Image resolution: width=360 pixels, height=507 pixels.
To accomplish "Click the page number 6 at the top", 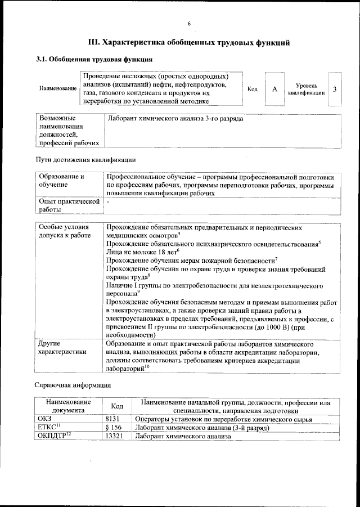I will point(189,23).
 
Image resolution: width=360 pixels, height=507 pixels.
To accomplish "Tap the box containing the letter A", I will point(274,89).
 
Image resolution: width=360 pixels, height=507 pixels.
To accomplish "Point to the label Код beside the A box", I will point(253,89).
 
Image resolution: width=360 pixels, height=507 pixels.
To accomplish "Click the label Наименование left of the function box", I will point(58,89).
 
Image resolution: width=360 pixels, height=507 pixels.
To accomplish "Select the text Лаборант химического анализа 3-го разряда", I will point(175,119).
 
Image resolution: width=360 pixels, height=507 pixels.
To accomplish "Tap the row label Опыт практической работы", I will point(69,205).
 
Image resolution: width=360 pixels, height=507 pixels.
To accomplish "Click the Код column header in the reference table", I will point(117,406).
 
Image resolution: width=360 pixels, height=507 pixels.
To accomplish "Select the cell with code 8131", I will point(114,419).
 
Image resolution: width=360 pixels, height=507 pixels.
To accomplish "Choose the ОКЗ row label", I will point(44,419).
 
